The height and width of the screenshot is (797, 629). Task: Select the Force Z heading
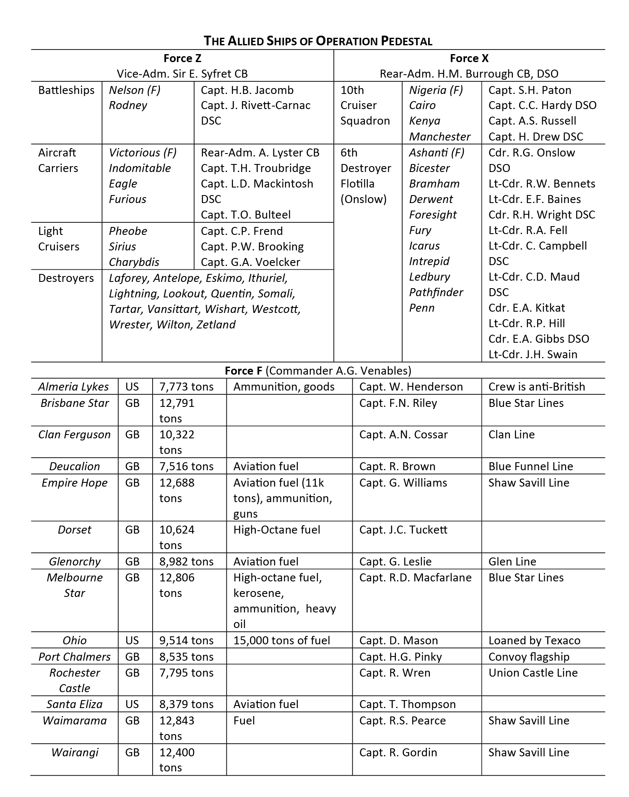coord(182,58)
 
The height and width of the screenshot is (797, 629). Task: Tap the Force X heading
coord(469,58)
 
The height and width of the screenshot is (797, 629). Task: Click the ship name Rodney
coord(128,105)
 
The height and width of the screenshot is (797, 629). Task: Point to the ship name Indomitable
coord(140,168)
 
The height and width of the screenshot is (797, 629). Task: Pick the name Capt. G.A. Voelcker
coord(250,262)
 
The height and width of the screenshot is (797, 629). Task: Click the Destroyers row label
coord(66,278)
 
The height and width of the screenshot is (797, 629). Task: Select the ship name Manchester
coord(439,137)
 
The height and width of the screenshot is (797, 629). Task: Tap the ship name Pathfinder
coord(436,292)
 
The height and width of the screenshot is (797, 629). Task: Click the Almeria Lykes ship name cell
coord(74,387)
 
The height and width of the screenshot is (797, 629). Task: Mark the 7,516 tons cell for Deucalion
coord(186,466)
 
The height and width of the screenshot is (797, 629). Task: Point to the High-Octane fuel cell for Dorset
coord(277,530)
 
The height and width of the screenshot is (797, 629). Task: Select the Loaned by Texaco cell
coord(534,641)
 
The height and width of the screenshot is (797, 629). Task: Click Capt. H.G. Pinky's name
coord(400,657)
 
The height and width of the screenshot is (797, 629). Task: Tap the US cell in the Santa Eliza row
coord(132,704)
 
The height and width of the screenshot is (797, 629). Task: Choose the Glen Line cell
coord(512,562)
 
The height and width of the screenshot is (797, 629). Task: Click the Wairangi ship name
coord(75,753)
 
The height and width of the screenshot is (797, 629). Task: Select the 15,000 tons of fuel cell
coord(281,641)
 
